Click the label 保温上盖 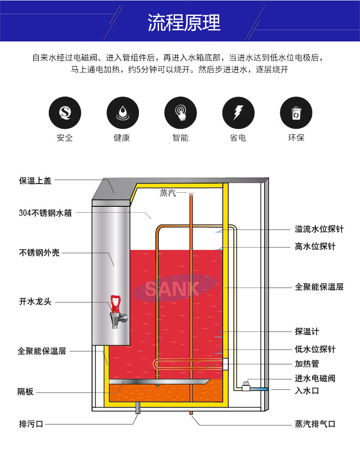pyautogui.click(x=35, y=181)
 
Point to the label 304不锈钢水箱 pyautogui.click(x=46, y=213)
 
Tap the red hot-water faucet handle pyautogui.click(x=116, y=303)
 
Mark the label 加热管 pyautogui.click(x=307, y=364)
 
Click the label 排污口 pyautogui.click(x=31, y=424)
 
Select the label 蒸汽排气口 pyautogui.click(x=315, y=424)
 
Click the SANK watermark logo pyautogui.click(x=172, y=288)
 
